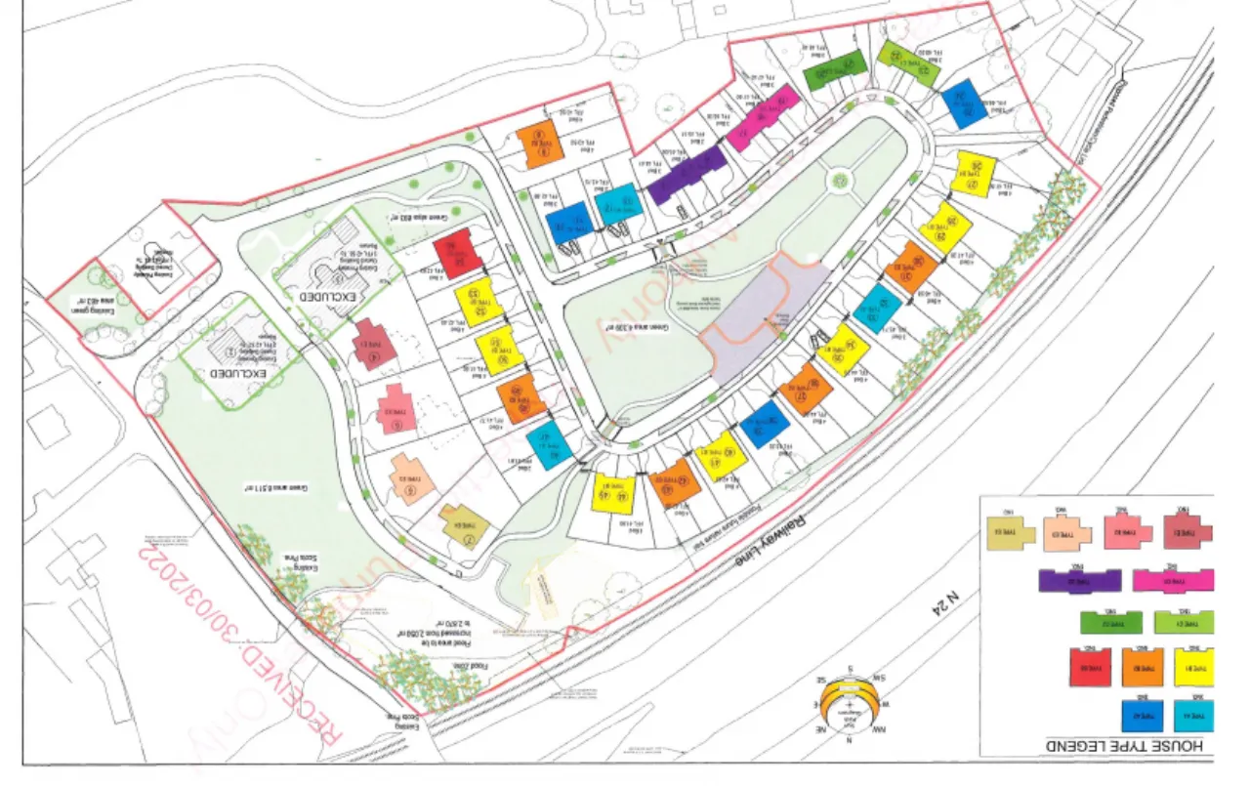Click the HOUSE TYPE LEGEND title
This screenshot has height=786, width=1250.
pos(1134,746)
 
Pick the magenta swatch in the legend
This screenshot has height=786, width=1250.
pos(1174,582)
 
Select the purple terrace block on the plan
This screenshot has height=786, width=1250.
pos(687,173)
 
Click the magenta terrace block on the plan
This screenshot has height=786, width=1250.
pos(765,118)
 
